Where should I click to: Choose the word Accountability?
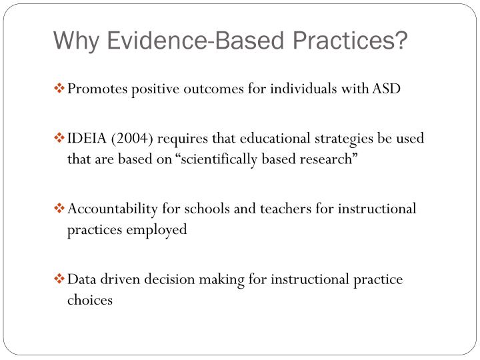(x=110, y=209)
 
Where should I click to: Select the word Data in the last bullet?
(x=83, y=279)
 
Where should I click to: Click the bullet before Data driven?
(x=60, y=279)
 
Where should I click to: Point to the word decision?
(x=167, y=279)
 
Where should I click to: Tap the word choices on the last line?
(x=90, y=300)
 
